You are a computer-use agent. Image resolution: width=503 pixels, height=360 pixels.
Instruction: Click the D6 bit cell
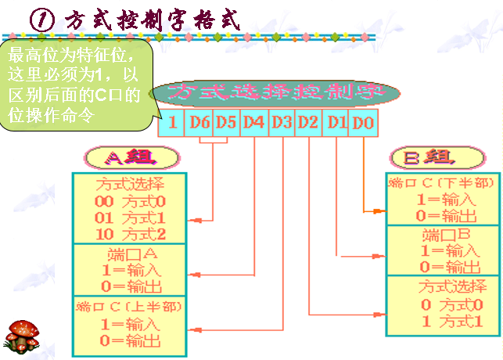(x=199, y=123)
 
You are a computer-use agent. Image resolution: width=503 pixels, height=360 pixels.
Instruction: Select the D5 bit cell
(x=226, y=123)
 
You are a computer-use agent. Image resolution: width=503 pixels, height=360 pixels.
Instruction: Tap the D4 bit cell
(x=253, y=123)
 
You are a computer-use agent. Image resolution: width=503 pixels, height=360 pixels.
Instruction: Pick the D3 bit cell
(x=282, y=123)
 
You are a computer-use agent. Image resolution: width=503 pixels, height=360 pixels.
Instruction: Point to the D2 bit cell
(x=309, y=123)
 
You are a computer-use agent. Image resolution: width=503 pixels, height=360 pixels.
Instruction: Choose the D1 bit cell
(x=336, y=123)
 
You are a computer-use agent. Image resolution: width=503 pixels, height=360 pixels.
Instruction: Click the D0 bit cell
(x=364, y=123)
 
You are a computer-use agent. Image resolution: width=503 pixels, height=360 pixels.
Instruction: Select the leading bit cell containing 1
(x=172, y=123)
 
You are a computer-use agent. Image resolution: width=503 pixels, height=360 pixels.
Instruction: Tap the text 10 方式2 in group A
(x=131, y=233)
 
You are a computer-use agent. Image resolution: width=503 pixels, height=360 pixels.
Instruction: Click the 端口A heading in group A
(x=131, y=254)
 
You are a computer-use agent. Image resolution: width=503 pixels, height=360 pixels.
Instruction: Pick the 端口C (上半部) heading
(x=130, y=306)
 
